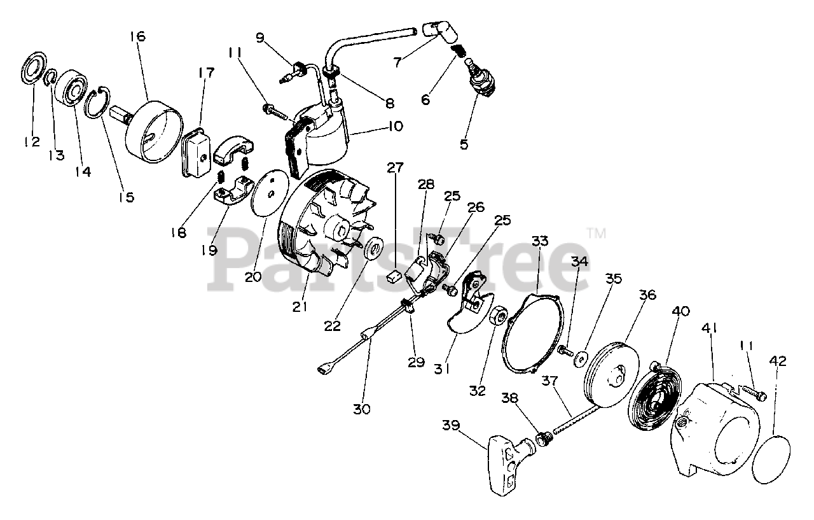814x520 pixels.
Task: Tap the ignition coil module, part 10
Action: pyautogui.click(x=318, y=137)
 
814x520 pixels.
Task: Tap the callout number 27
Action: pyautogui.click(x=395, y=169)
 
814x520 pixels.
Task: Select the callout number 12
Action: pyautogui.click(x=32, y=141)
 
